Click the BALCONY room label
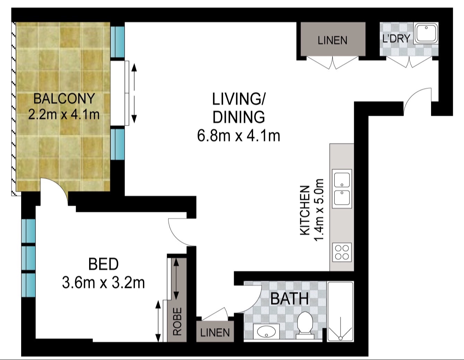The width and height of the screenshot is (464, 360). coord(64,99)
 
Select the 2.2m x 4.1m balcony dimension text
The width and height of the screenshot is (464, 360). coord(64,114)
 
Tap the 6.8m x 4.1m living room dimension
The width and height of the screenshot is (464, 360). coord(239,136)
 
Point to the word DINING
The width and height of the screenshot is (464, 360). coord(239,117)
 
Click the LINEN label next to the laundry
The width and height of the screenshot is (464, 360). coord(332,40)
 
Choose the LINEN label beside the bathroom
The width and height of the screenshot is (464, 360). coord(215,333)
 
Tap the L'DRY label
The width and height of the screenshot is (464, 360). coord(396,39)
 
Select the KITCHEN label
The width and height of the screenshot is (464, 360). coord(304,210)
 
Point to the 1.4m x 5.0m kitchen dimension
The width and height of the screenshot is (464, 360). coord(318,210)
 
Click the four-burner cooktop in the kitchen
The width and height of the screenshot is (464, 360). coord(342,252)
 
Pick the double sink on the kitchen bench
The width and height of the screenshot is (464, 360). coord(342,189)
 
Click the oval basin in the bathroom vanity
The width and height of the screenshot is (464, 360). coord(266,332)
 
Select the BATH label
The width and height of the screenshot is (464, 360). coord(289,299)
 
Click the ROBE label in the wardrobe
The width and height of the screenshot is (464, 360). coord(177,321)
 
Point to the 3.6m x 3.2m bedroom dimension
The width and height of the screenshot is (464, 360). coord(103,283)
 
